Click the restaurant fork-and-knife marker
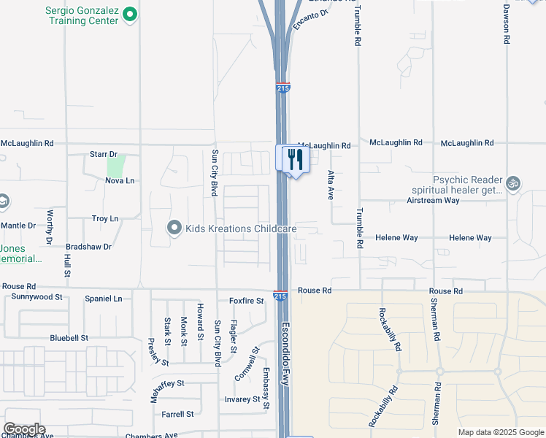[x=295, y=159]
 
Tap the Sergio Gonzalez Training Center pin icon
[x=130, y=13]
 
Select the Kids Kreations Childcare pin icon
[x=174, y=228]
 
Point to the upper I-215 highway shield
[x=283, y=88]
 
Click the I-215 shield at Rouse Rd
[x=280, y=295]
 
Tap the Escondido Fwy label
[x=287, y=351]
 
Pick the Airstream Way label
[x=434, y=200]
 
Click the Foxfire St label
[x=246, y=300]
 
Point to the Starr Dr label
[x=103, y=155]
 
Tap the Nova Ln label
[x=120, y=180]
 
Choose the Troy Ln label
[x=105, y=218]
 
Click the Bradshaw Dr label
[x=88, y=247]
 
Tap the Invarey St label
[x=242, y=399]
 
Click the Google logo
[x=24, y=429]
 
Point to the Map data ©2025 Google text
[x=500, y=432]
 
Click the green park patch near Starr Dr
[x=116, y=164]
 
